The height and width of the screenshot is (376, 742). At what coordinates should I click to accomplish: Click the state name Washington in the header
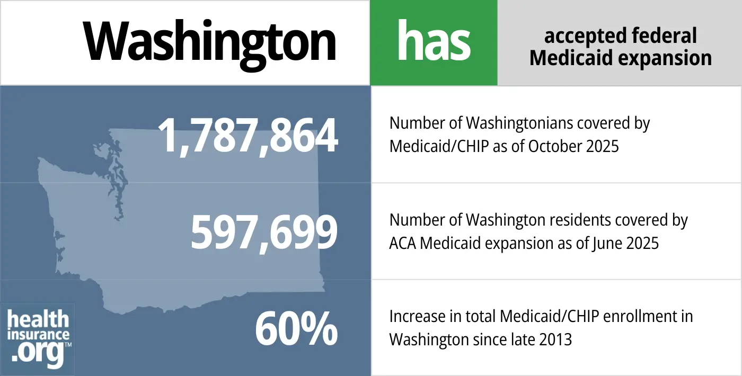(209, 42)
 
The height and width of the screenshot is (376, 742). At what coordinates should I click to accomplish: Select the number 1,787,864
(248, 136)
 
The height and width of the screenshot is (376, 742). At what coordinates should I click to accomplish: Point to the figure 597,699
(263, 233)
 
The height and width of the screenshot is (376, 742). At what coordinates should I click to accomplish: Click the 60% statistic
(296, 329)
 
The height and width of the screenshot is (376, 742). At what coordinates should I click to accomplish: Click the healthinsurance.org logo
(38, 339)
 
